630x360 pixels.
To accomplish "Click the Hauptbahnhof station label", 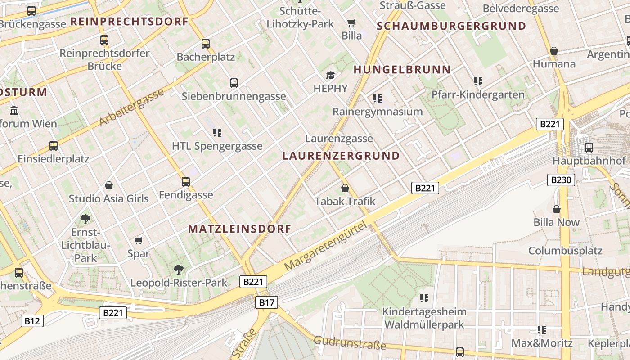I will [x=589, y=161].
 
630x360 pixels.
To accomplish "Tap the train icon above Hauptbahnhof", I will [x=589, y=147].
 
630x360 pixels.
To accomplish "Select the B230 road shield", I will [x=561, y=180].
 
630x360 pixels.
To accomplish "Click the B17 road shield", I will [x=267, y=302].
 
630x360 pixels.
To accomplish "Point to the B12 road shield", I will [x=32, y=321].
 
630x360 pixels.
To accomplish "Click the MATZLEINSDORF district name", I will [x=239, y=229].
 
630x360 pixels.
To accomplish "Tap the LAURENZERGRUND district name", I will [x=341, y=156].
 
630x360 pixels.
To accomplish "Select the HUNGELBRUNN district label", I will [x=402, y=70].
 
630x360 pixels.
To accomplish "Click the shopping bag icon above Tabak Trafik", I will [x=345, y=188].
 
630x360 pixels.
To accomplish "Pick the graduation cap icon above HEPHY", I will [x=331, y=75].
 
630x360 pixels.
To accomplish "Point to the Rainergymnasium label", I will [x=378, y=112].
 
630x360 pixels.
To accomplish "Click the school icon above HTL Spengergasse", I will [x=217, y=133].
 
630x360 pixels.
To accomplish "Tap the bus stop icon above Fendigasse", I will [x=186, y=182].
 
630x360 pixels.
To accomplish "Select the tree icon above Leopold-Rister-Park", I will [x=179, y=269].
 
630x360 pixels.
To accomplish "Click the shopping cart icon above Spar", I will [x=139, y=240].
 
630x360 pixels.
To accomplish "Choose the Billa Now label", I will [x=557, y=222].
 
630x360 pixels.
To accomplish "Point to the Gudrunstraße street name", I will [x=350, y=343].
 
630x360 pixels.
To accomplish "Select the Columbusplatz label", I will [x=565, y=251].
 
